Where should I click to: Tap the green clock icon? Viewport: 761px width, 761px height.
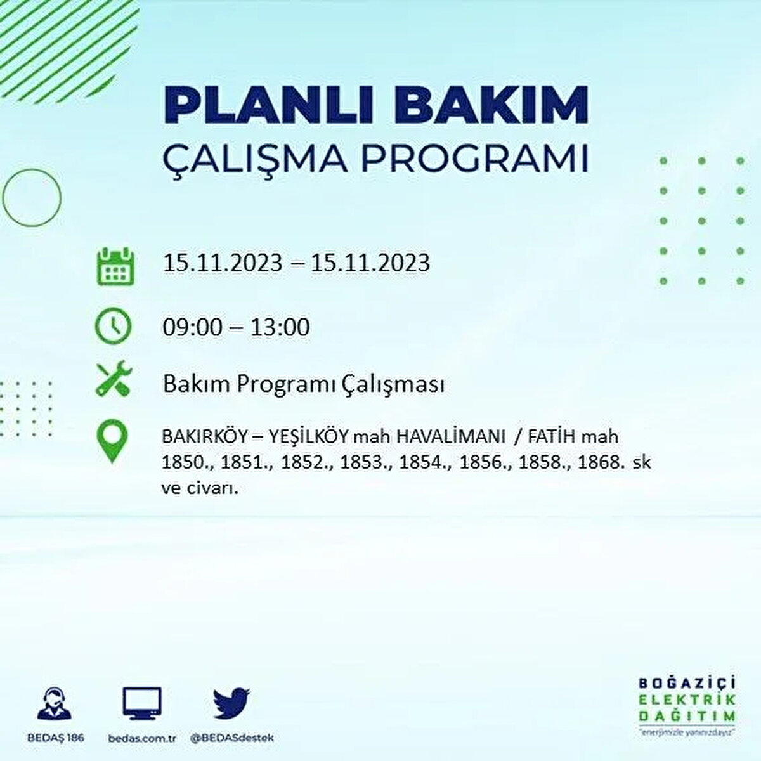coord(113,327)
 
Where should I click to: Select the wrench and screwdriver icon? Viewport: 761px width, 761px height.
coord(114,379)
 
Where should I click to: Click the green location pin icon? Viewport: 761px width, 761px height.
coord(112,442)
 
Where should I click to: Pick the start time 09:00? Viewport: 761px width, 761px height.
coord(193,327)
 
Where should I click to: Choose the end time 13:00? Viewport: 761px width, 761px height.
coord(280,327)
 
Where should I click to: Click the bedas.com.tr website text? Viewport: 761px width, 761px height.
coord(141,738)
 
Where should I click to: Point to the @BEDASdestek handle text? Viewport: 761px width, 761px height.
coord(232,738)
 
